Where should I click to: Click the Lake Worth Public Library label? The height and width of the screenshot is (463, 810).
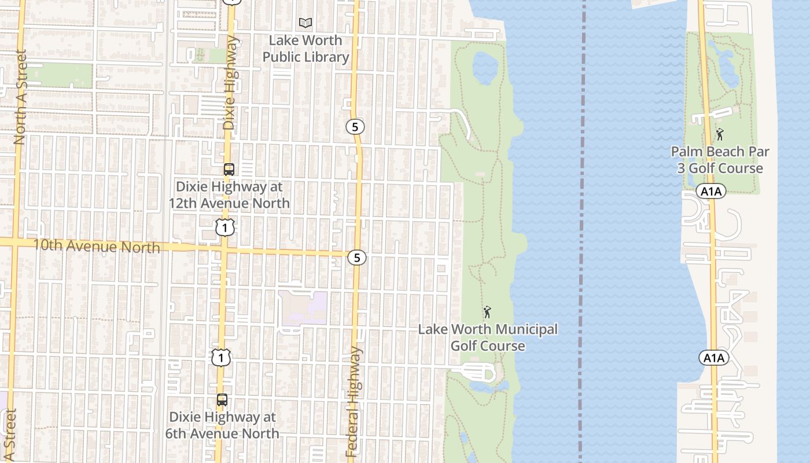306,49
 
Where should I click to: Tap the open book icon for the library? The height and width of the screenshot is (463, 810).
305,23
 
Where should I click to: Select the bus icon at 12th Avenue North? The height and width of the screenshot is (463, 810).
229,170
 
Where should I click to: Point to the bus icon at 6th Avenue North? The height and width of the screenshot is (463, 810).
222,400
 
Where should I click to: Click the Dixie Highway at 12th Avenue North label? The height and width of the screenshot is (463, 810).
229,195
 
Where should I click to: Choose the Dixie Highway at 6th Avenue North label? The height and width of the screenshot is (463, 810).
224,425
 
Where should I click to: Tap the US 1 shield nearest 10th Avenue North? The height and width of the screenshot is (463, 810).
225,227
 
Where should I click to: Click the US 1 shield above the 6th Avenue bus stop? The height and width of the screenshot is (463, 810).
220,358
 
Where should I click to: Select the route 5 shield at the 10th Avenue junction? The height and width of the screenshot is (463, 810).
357,258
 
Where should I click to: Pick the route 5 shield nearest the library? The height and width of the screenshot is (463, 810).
355,126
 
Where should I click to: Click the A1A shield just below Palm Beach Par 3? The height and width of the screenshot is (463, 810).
711,192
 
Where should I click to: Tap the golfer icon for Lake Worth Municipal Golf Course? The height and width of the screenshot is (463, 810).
487,313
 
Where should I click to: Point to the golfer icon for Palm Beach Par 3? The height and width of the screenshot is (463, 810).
720,134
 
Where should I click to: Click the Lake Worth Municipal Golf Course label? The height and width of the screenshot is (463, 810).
488,337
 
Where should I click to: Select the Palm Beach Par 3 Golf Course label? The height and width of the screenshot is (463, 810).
720,160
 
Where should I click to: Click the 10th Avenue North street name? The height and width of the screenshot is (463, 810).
97,246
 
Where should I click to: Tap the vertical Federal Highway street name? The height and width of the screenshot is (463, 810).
354,402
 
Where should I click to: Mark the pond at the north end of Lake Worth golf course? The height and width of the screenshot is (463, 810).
485,67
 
